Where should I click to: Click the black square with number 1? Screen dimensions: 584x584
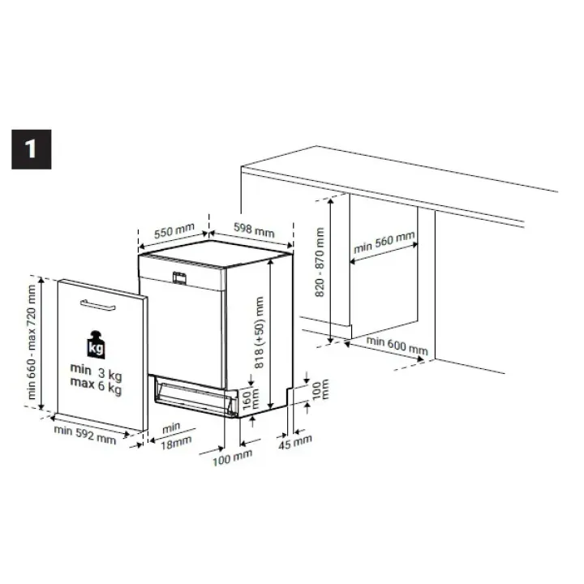click(x=32, y=149)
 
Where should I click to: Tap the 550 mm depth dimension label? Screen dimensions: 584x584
click(x=174, y=230)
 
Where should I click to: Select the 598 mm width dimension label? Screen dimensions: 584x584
click(x=254, y=230)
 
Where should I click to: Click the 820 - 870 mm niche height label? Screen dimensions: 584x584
click(x=320, y=262)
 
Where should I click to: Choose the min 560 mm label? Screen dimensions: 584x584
click(x=384, y=242)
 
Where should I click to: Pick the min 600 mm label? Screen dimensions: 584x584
click(x=397, y=346)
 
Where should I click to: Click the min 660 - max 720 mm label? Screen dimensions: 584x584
click(x=32, y=342)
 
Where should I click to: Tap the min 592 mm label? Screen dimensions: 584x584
click(x=85, y=435)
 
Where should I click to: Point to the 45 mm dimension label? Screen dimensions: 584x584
click(x=295, y=441)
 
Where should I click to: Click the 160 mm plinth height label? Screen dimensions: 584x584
click(x=251, y=399)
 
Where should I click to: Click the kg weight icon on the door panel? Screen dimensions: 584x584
click(x=96, y=345)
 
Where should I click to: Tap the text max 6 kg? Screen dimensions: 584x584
click(x=96, y=385)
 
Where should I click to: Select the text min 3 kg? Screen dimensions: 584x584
click(x=96, y=371)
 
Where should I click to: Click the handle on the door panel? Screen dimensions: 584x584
click(x=97, y=305)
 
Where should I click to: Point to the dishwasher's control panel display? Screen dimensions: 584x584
click(x=179, y=278)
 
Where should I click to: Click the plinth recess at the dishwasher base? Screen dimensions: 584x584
click(x=196, y=396)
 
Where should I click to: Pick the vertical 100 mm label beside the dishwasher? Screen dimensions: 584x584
click(x=320, y=389)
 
